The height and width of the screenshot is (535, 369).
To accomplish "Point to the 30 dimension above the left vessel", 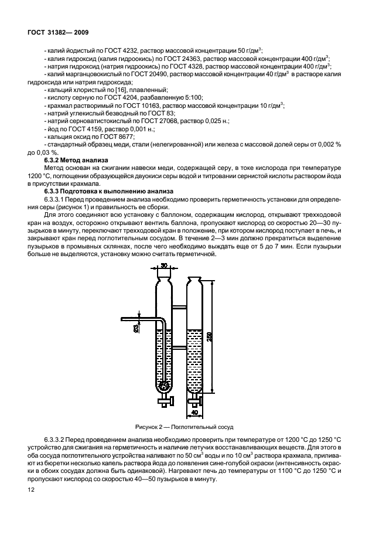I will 165,266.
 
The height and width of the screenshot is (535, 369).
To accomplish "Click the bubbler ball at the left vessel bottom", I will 163,386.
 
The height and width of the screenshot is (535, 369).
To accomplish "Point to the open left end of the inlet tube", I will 122,319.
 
